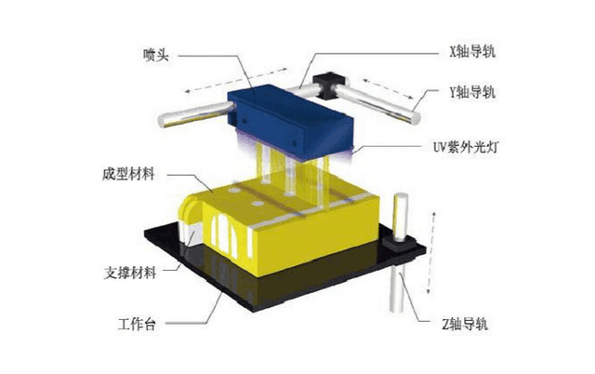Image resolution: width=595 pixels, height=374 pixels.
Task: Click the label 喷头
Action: click(x=155, y=56)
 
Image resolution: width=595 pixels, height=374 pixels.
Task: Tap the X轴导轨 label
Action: click(x=472, y=52)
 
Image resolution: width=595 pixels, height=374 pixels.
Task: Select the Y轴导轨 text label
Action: click(x=472, y=92)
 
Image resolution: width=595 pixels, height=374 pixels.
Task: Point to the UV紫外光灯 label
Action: click(x=465, y=147)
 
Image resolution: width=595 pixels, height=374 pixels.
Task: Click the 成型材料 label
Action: click(x=128, y=174)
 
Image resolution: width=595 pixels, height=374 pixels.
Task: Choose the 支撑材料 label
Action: click(x=130, y=273)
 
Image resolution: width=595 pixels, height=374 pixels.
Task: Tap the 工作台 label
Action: click(x=137, y=325)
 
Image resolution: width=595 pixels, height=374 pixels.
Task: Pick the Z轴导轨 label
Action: click(x=465, y=325)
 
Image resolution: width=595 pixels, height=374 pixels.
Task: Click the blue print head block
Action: click(x=291, y=121)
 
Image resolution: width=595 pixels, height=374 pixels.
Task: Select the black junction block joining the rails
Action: click(x=328, y=85)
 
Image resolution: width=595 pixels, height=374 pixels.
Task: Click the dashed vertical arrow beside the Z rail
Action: click(x=431, y=253)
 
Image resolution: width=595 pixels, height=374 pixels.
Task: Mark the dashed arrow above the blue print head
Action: click(x=236, y=80)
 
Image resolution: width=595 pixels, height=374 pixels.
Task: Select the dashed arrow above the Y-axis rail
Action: click(x=388, y=88)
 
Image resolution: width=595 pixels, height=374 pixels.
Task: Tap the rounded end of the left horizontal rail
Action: click(x=163, y=120)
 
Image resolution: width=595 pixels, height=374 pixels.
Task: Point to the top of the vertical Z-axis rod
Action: click(x=401, y=196)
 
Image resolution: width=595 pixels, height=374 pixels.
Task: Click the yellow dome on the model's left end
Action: click(x=192, y=211)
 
